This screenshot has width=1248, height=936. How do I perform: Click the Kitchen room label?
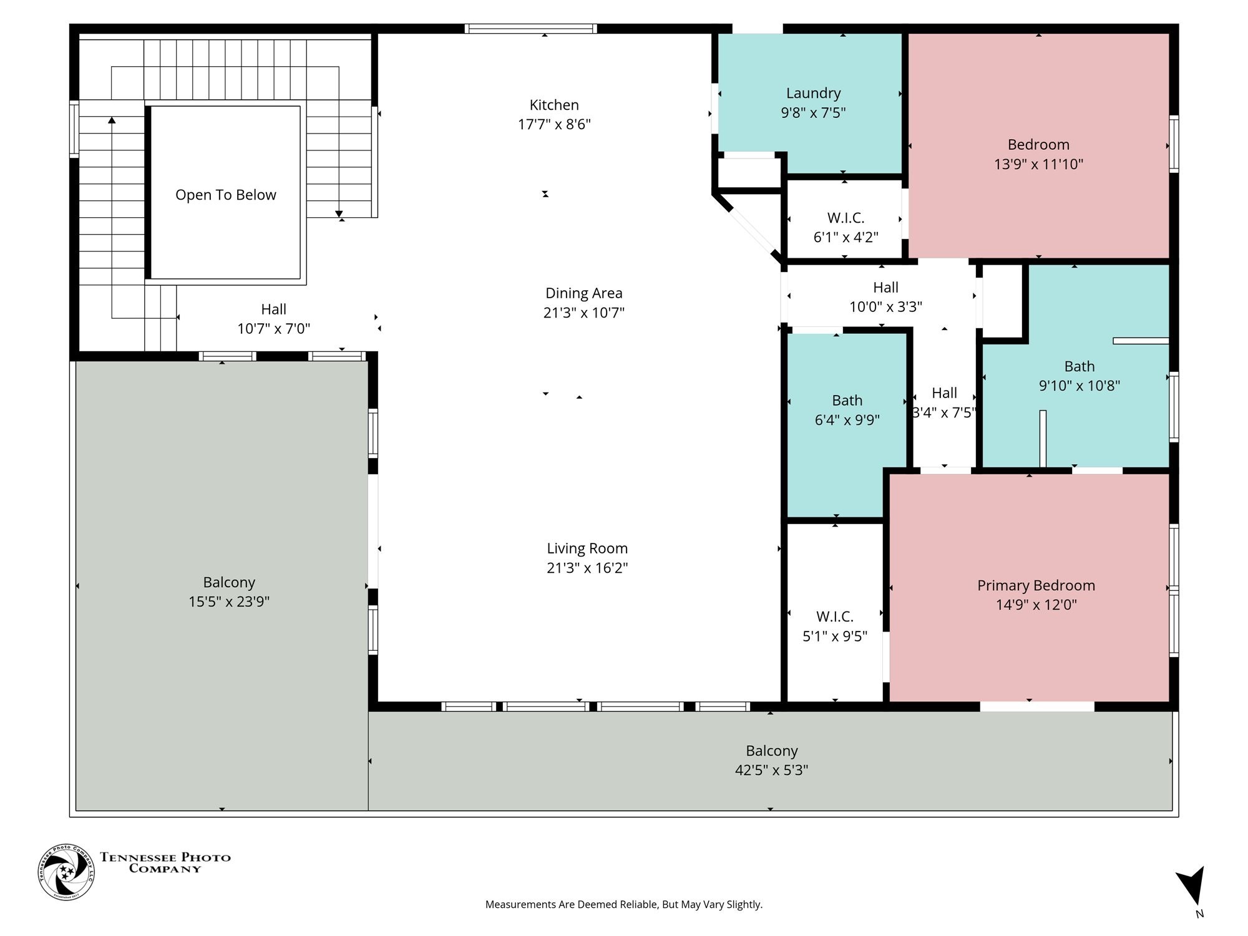[554, 105]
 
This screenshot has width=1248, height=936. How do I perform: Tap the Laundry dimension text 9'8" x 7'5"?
[813, 112]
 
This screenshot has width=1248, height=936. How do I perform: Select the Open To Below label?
[226, 195]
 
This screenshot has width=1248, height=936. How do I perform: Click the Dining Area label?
[584, 293]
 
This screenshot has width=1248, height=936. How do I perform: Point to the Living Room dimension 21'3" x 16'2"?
[587, 568]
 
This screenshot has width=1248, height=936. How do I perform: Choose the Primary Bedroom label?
[1036, 585]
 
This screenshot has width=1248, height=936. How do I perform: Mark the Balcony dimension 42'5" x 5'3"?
[772, 770]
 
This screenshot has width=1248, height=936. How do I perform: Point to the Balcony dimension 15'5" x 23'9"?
[229, 602]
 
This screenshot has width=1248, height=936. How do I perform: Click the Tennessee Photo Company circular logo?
[66, 872]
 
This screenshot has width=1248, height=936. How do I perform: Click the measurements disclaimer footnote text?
[624, 904]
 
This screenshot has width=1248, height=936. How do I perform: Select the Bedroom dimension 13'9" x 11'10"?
[1039, 164]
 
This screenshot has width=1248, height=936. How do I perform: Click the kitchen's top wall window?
[531, 28]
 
